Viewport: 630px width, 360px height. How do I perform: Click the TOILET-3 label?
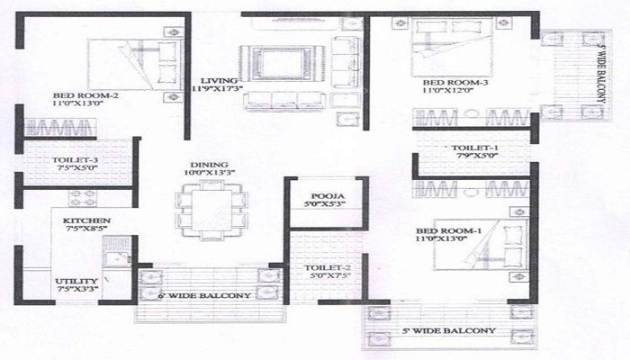pos(57,160)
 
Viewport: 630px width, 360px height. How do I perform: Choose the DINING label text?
pos(203,163)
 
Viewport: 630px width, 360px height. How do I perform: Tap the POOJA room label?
pos(321,196)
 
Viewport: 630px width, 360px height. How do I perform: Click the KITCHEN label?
pos(86,220)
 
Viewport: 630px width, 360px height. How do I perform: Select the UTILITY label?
pos(72,280)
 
